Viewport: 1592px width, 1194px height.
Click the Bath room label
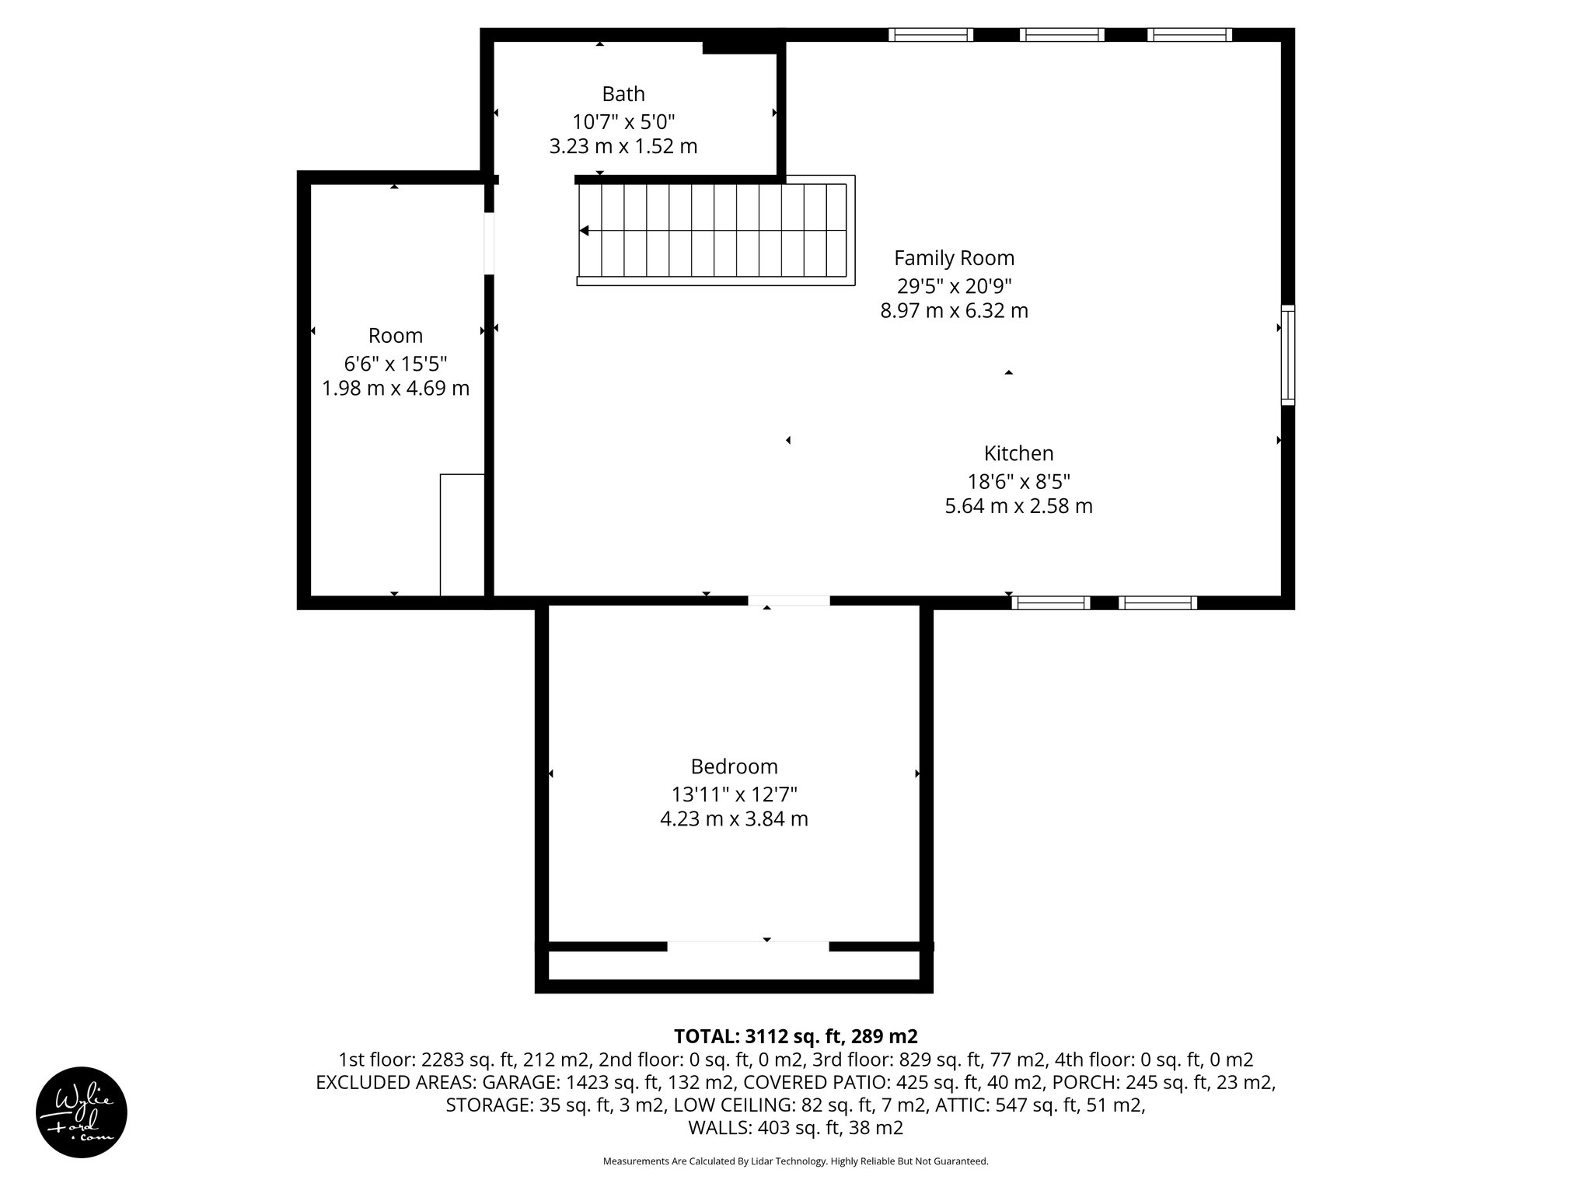point(623,94)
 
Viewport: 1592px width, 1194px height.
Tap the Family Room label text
point(954,258)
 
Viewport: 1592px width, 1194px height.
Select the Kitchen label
point(1018,453)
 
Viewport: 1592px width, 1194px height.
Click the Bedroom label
point(734,766)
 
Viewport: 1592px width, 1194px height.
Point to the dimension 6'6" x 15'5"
point(396,363)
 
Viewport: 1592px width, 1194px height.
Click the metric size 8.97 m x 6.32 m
point(954,311)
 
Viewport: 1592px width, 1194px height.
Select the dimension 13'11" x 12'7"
point(734,794)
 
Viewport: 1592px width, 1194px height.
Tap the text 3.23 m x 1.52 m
point(623,146)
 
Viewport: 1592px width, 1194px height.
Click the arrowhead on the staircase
point(585,231)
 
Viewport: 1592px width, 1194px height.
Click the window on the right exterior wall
point(1288,355)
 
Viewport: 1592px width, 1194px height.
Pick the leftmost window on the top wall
point(930,34)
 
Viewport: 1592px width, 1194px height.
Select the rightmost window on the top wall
point(1189,34)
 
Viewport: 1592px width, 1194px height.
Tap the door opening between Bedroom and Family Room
point(789,601)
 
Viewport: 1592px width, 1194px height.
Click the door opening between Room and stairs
point(489,243)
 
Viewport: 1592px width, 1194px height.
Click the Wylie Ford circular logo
point(82,1112)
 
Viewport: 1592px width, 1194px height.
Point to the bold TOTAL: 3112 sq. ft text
point(795,1036)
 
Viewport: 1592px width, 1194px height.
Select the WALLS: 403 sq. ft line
point(795,1128)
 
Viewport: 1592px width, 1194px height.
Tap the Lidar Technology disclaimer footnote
point(795,1161)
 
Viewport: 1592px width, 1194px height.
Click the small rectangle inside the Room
point(463,534)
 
